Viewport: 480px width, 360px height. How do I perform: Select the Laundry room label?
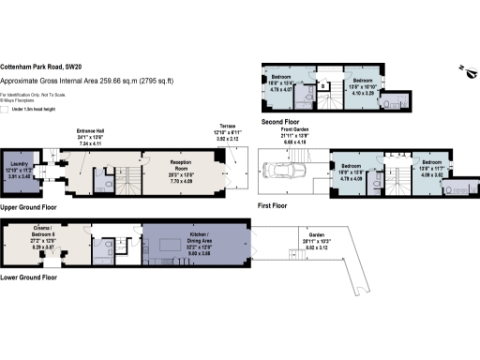coord(22,170)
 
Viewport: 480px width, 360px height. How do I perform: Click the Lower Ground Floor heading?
coord(29,277)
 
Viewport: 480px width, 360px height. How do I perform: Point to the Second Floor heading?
coord(278,122)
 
